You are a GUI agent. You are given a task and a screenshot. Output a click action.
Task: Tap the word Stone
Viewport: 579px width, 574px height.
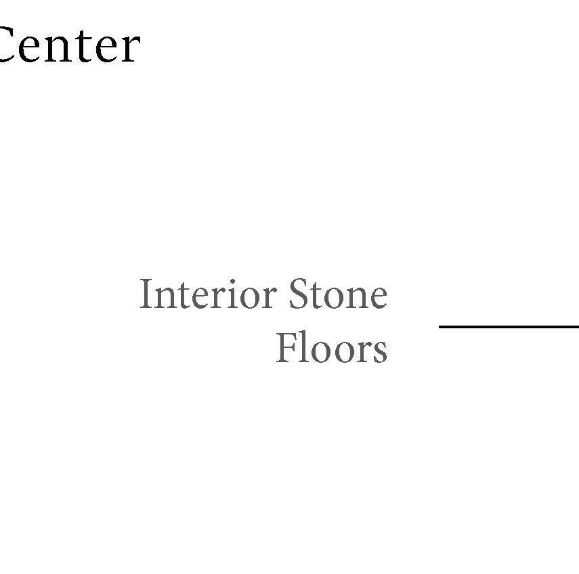338,296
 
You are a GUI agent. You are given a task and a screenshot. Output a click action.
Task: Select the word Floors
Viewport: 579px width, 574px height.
331,349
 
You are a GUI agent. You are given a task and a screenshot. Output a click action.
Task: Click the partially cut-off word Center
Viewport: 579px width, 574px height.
68,46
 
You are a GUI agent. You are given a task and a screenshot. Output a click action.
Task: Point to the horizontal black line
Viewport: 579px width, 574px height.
508,327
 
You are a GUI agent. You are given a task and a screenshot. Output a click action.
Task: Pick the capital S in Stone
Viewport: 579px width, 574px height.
297,296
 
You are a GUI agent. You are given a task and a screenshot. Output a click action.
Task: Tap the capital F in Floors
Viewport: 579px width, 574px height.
284,349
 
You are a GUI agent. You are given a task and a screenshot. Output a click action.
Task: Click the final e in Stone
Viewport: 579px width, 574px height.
379,299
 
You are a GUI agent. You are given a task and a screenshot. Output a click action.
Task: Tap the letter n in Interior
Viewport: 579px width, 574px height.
162,299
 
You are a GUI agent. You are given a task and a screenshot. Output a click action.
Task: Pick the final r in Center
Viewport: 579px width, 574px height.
129,49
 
